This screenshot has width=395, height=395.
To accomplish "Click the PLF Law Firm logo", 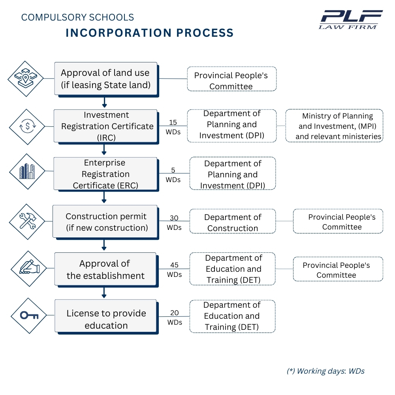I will [x=351, y=19].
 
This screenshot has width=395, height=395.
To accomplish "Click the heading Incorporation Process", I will [x=150, y=33].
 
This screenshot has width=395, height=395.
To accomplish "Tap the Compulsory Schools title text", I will [x=77, y=17].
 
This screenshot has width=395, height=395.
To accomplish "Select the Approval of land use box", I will [x=105, y=78].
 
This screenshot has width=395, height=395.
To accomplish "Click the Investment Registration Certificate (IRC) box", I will [x=105, y=126].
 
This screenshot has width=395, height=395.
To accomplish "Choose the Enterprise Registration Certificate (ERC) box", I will [x=105, y=174].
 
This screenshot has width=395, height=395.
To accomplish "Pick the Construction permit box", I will [x=105, y=222].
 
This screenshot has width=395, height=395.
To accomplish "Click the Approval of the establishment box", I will [x=105, y=269].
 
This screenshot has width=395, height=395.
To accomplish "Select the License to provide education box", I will [x=106, y=319].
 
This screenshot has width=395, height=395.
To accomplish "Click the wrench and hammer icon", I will [x=27, y=221].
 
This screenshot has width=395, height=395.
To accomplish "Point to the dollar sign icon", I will [x=28, y=126].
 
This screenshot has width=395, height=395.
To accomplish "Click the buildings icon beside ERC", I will [x=27, y=171].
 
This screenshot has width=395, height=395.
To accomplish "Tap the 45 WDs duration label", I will [x=174, y=269].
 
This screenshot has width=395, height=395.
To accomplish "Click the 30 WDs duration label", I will [x=174, y=222].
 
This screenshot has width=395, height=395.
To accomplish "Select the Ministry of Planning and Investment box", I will [x=334, y=126].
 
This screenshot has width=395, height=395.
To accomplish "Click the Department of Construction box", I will [x=233, y=222].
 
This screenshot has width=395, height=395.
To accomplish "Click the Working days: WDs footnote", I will [x=325, y=371].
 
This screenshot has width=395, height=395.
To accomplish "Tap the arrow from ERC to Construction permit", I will [x=104, y=197].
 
